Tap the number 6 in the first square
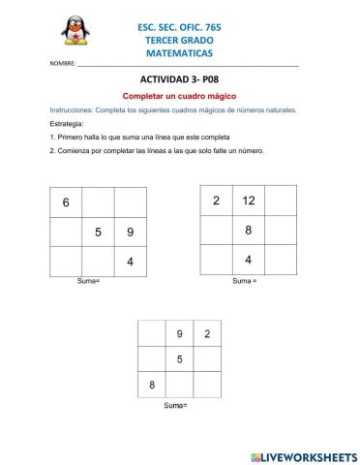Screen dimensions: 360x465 (x=66, y=202)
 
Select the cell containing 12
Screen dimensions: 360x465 (x=249, y=201)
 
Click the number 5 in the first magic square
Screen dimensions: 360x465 (x=98, y=232)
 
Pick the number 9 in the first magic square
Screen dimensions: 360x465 (x=130, y=232)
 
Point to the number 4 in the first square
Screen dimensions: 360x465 (x=130, y=263)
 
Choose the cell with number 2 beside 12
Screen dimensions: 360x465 (x=217, y=201)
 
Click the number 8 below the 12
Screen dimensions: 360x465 (x=249, y=231)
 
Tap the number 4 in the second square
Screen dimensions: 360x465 (x=249, y=260)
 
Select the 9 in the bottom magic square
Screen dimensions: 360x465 (x=179, y=335)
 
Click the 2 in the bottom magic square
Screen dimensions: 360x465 (x=206, y=335)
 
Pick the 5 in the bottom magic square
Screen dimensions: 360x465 (x=179, y=360)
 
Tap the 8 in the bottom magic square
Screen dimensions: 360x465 (x=152, y=386)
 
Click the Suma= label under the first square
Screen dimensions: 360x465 (x=88, y=281)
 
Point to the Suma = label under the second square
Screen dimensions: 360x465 (x=245, y=281)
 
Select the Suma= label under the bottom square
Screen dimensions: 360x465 (x=175, y=404)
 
